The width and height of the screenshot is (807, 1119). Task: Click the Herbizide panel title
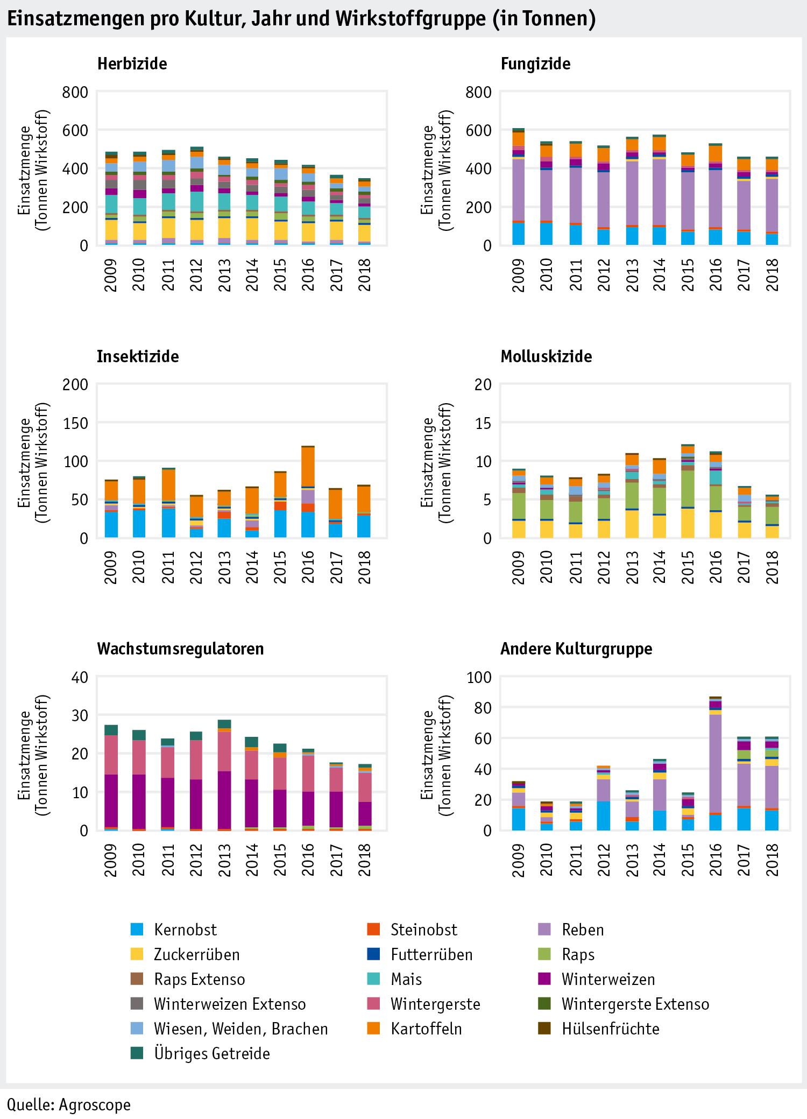click(132, 64)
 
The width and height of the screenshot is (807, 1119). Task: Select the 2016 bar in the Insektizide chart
click(308, 492)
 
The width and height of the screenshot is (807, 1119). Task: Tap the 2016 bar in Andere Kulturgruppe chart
click(715, 764)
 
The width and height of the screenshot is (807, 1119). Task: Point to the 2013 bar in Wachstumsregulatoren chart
click(224, 776)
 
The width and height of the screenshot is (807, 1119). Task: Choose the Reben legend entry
click(582, 930)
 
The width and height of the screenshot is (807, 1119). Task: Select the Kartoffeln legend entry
click(426, 1029)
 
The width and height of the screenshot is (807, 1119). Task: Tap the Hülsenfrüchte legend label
click(610, 1029)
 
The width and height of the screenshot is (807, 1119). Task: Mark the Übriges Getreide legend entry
click(211, 1053)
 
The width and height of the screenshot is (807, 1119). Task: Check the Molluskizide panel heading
click(546, 356)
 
